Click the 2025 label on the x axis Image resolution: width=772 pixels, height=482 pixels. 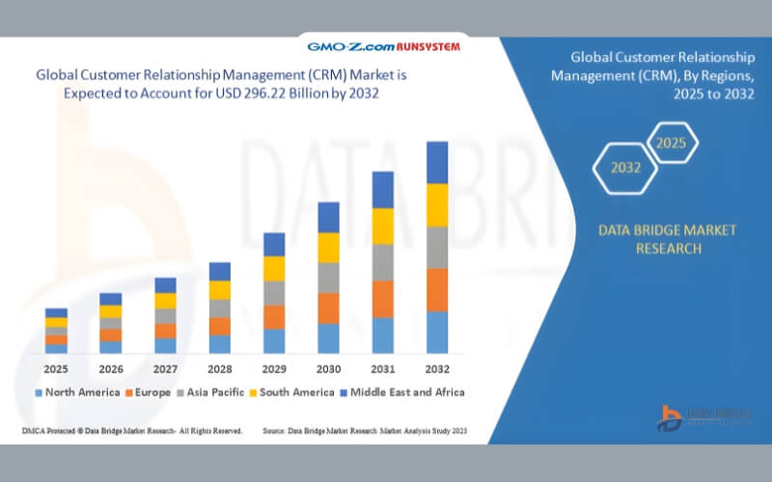coord(56,368)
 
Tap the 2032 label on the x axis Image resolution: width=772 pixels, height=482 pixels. coord(437,368)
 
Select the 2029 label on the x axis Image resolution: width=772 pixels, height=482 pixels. coord(274,368)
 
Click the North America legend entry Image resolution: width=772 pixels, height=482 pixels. coord(77,392)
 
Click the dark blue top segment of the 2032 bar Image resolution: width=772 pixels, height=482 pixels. coord(437,162)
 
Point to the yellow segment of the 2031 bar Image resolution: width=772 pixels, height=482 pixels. coord(383,226)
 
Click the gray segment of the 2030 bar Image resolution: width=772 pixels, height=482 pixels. coord(329,278)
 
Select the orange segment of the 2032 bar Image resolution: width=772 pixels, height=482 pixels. coord(437,289)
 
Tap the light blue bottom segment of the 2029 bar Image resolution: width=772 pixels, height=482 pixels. coord(274,341)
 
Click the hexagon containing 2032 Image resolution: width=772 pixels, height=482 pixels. coord(625,167)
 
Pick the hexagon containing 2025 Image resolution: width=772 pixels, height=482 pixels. coord(671,143)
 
